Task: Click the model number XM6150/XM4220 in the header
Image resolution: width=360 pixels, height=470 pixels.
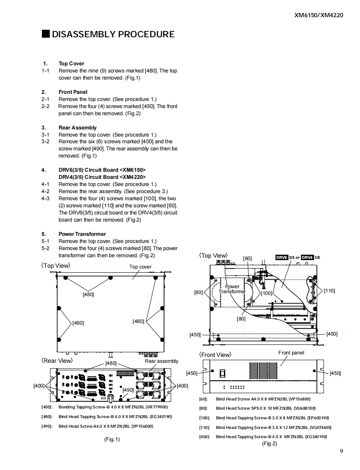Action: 319,15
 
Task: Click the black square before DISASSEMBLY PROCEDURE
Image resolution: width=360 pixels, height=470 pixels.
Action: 46,34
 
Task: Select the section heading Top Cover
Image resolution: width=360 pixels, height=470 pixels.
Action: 71,64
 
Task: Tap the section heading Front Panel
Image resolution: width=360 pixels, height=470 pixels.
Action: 73,92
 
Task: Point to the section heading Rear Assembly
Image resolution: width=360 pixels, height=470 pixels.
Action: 77,127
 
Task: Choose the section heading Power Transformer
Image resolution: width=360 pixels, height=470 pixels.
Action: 82,234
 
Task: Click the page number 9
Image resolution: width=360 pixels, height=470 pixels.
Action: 342,451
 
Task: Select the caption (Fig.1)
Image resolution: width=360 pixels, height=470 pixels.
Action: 112,439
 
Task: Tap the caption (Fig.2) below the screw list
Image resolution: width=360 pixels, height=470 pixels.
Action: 270,444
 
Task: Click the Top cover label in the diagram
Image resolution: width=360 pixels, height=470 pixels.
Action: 141,267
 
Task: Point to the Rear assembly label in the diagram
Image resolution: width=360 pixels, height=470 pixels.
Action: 161,361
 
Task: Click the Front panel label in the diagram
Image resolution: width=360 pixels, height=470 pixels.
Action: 291,353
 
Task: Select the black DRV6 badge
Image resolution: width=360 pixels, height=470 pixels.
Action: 282,257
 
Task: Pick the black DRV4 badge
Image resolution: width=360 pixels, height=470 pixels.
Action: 307,257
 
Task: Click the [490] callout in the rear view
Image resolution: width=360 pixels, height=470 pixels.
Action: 128,390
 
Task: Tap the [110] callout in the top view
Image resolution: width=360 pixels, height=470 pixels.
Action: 329,290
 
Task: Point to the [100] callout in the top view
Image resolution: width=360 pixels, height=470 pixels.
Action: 267,293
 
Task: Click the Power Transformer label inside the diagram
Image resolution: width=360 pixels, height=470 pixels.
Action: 232,289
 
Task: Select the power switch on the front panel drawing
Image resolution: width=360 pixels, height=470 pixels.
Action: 223,372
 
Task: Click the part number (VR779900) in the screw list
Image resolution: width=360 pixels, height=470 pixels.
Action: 157,407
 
